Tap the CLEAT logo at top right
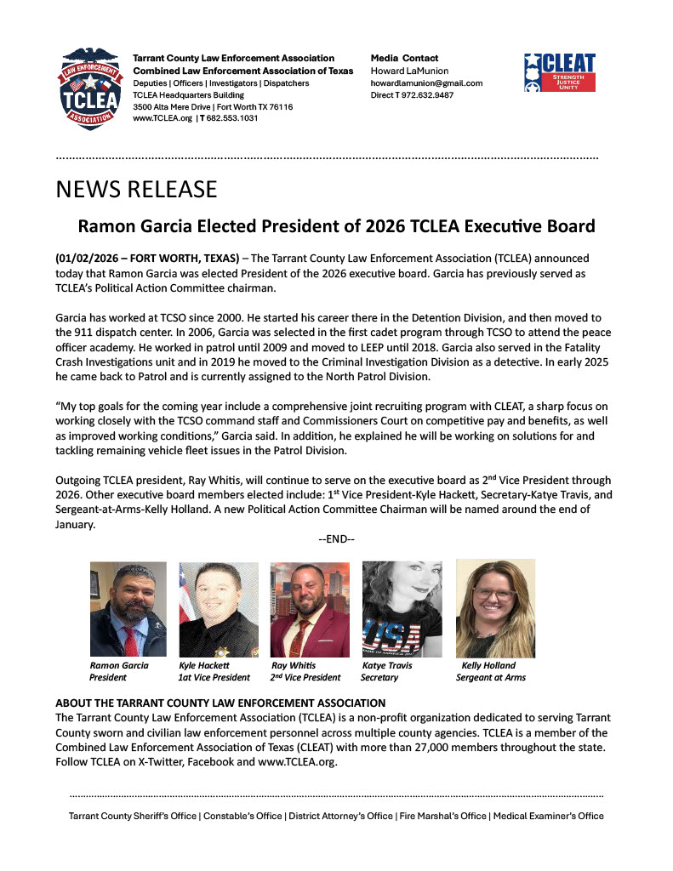559,72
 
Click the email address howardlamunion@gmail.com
426,83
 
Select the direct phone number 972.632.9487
429,95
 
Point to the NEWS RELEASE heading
136,189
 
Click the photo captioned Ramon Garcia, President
128,608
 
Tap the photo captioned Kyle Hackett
218,608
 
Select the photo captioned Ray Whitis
309,608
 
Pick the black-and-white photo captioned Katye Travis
402,608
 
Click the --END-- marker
336,539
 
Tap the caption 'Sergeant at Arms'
491,678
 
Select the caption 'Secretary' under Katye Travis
379,678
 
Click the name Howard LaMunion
409,71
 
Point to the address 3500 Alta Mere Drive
173,107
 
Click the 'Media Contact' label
404,58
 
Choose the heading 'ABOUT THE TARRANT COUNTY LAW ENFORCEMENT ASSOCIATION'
220,703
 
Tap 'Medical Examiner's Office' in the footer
548,816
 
